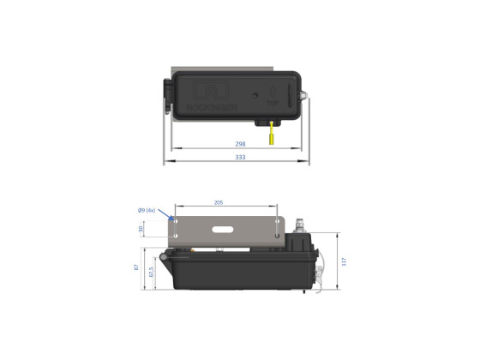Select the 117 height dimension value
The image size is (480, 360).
[x=344, y=262]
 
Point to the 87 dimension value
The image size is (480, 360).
[x=136, y=268]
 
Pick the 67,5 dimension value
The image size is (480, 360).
[x=152, y=275]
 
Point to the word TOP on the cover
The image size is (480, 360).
[x=271, y=102]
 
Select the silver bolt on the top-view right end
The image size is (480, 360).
[x=306, y=95]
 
